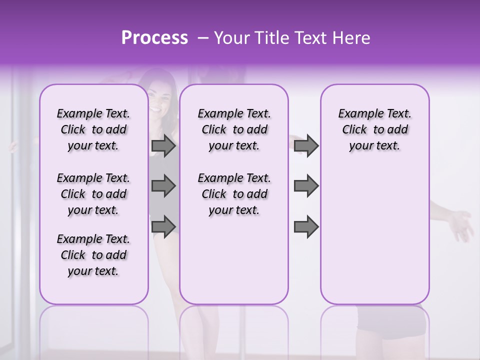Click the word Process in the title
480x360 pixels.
(x=154, y=37)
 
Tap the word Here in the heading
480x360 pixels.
(x=349, y=38)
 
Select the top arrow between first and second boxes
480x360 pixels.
(x=163, y=146)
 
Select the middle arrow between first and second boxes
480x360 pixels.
(x=163, y=186)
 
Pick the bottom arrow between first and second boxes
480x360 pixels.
(x=163, y=225)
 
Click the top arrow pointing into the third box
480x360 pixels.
(x=306, y=146)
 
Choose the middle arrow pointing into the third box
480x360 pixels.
(x=306, y=186)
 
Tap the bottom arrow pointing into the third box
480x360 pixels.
(x=306, y=226)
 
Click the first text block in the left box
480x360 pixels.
(x=93, y=129)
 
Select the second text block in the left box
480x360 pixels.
(x=93, y=194)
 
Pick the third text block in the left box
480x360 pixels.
(x=93, y=255)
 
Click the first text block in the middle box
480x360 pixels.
(x=234, y=129)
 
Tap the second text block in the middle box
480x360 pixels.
(x=234, y=194)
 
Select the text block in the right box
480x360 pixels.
(x=374, y=129)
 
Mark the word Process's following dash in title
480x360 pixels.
(x=203, y=38)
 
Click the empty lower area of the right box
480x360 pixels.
(x=374, y=240)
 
